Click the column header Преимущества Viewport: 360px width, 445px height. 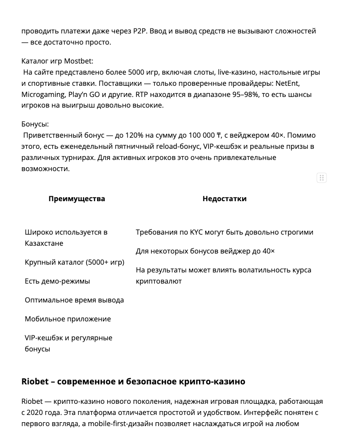[x=77, y=199]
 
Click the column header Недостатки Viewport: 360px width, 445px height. [x=224, y=199]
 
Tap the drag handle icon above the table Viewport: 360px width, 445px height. [x=321, y=177]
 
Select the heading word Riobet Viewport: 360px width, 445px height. [x=35, y=381]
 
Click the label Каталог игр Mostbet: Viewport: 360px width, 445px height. [x=57, y=61]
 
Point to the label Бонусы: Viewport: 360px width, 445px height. [x=35, y=124]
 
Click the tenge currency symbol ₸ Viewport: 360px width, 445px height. [x=219, y=135]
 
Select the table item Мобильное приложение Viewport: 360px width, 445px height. [x=68, y=319]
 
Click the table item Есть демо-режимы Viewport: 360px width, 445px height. [x=57, y=281]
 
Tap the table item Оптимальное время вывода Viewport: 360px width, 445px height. [x=74, y=300]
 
